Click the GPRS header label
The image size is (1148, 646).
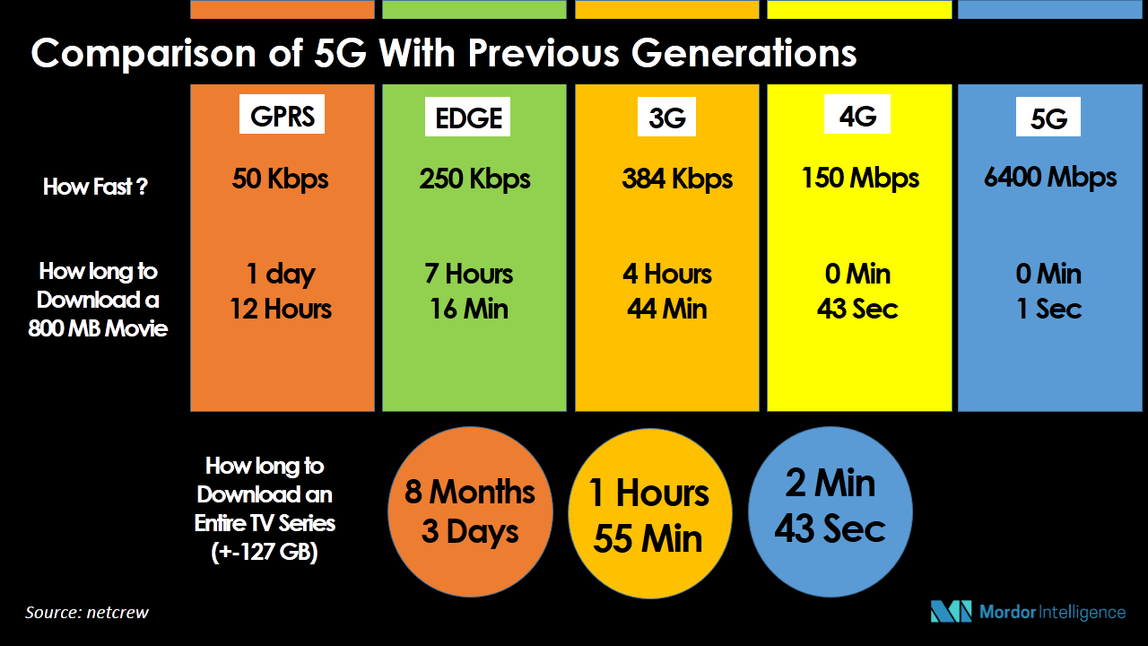coord(282,114)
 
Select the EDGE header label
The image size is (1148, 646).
coord(467,117)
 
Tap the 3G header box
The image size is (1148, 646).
coord(666,117)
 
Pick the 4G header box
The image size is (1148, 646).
coord(857,114)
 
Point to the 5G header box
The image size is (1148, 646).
coord(1048,117)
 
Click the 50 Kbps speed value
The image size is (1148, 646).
coord(280,179)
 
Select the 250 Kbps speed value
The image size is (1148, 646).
coord(474,179)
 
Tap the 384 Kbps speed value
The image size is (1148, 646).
coord(677,179)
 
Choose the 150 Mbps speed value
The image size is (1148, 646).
coord(860,178)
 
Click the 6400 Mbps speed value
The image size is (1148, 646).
coord(1050,178)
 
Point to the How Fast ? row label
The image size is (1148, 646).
coord(95,187)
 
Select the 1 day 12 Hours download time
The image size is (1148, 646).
coord(281,292)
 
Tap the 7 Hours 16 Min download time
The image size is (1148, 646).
coord(469,292)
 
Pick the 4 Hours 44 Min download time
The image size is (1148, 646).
coord(666,292)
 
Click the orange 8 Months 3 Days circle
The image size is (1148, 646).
coord(470,511)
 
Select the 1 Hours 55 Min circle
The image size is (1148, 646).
coord(650,513)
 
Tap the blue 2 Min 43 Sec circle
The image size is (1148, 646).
coord(831,511)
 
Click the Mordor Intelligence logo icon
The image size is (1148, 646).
coord(951,611)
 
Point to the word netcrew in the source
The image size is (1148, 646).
coord(117,613)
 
